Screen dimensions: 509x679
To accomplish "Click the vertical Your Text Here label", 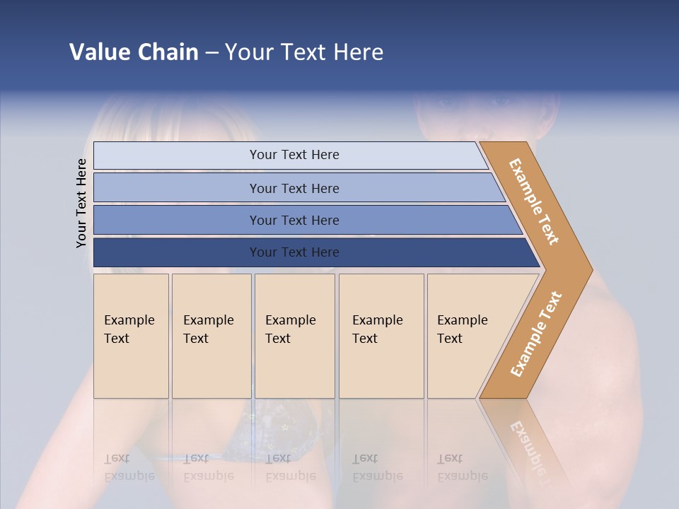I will (x=81, y=203).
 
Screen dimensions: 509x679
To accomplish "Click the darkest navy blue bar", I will (x=177, y=252).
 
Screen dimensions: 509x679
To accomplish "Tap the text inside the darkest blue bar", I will (x=294, y=252).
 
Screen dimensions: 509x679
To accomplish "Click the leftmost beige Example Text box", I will (x=131, y=336).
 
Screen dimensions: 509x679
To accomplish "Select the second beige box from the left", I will (x=211, y=336).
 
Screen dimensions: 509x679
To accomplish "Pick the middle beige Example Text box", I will (x=294, y=336).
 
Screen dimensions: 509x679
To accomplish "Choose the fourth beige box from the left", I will (x=381, y=336).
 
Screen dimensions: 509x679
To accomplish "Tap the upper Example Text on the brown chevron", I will (x=534, y=201).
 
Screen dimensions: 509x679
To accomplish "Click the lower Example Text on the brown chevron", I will (x=536, y=334).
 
